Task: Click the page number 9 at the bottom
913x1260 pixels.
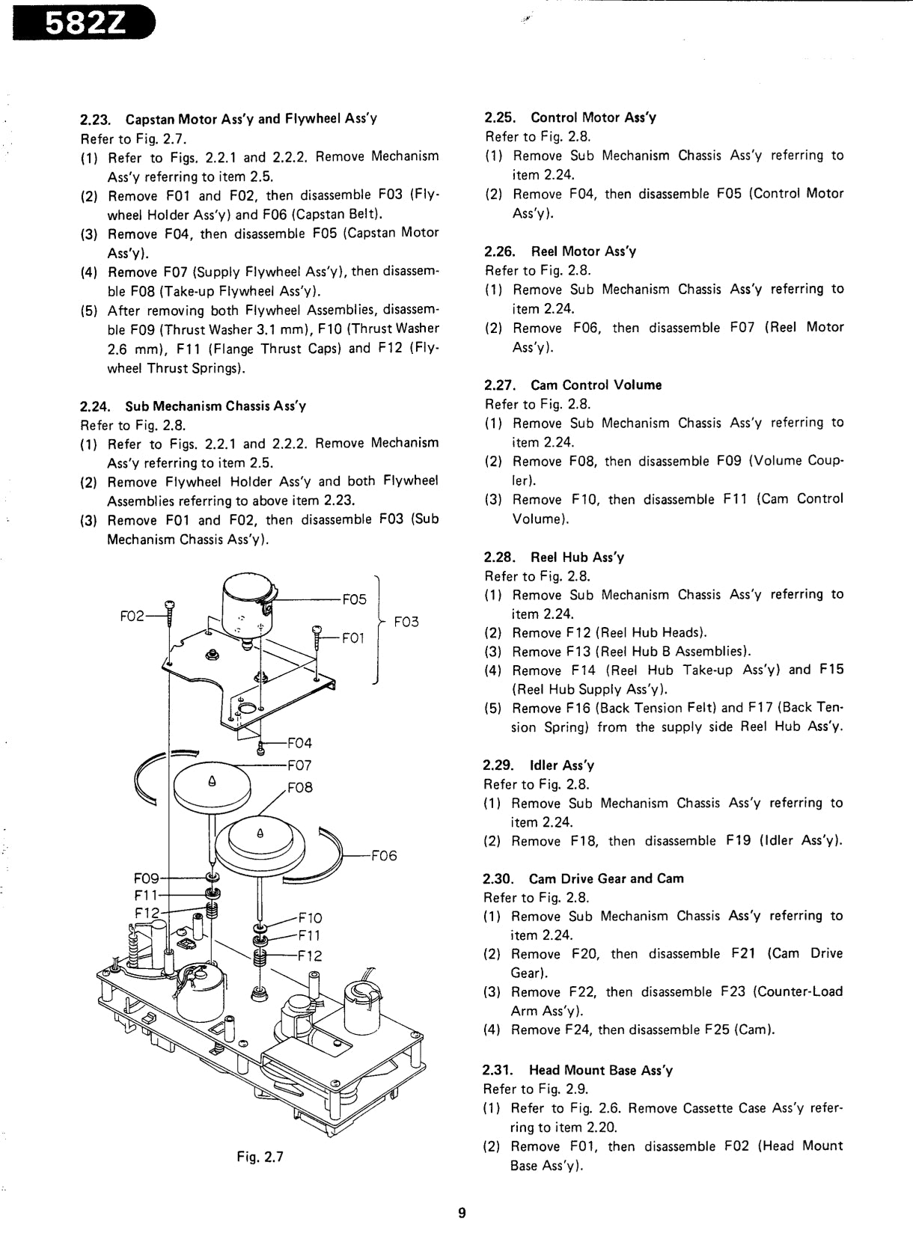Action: [x=462, y=1213]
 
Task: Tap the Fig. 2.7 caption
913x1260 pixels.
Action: [x=260, y=1157]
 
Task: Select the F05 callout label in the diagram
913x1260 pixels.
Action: [x=354, y=599]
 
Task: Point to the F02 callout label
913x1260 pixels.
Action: [x=132, y=616]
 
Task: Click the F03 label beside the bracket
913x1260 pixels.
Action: [x=406, y=622]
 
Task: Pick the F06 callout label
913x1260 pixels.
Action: [x=384, y=856]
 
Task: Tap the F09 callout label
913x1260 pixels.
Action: [x=146, y=878]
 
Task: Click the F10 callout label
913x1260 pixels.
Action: [x=310, y=918]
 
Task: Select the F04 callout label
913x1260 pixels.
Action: [x=299, y=743]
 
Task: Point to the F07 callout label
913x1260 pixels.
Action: [x=299, y=765]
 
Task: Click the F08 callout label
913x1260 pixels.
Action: [x=299, y=787]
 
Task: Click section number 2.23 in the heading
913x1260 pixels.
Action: [x=95, y=120]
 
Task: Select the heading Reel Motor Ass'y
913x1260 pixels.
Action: [x=583, y=251]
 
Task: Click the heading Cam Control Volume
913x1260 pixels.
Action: [x=596, y=385]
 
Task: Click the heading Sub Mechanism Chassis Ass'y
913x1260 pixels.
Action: [x=216, y=406]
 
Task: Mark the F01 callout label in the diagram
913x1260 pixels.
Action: [x=352, y=637]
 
